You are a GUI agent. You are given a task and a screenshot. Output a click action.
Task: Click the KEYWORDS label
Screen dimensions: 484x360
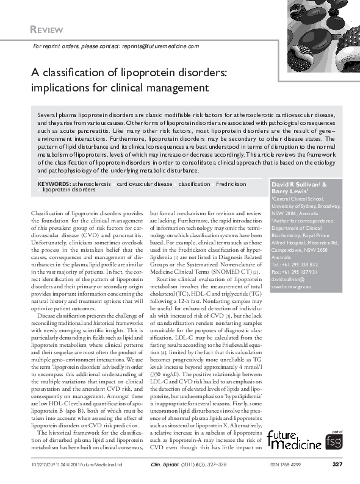tap(53, 183)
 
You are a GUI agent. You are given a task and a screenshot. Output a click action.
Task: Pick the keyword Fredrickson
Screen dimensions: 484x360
tap(231, 183)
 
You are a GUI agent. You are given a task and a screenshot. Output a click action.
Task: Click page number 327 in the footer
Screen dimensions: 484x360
tap(337, 464)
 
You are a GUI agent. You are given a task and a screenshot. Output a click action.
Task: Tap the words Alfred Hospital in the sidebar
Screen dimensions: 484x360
tap(289, 243)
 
